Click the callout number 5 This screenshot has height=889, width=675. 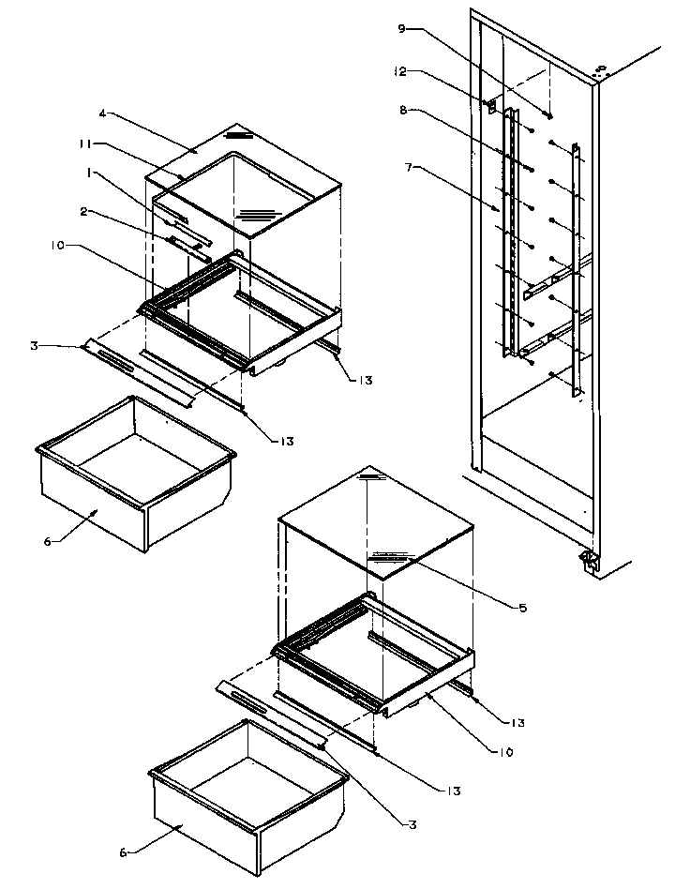522,608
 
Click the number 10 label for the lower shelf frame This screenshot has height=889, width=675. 505,751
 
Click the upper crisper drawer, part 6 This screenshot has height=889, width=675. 136,478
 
